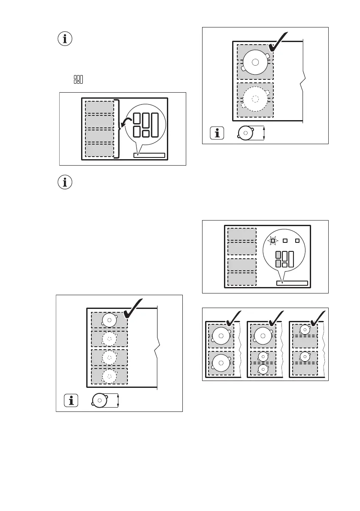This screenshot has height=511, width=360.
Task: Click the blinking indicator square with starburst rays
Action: click(x=272, y=241)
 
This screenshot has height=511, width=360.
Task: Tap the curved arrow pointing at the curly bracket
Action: click(x=125, y=123)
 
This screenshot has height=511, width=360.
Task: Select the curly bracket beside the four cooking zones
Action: click(x=117, y=128)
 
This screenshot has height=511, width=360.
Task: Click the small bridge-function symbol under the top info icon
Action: click(x=78, y=79)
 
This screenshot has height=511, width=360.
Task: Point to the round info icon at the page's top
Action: click(x=65, y=39)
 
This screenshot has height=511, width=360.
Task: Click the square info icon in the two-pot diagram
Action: click(x=218, y=133)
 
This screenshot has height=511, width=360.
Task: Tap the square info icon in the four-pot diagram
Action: click(x=71, y=401)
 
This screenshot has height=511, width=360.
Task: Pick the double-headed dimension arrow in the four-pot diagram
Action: click(x=118, y=401)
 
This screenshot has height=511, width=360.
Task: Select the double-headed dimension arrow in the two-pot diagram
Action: click(x=264, y=133)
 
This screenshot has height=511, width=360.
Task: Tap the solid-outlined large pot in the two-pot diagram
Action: click(x=255, y=62)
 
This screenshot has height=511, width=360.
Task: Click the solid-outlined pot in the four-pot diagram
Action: click(x=110, y=320)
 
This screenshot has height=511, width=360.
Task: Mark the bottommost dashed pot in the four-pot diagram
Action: click(x=110, y=376)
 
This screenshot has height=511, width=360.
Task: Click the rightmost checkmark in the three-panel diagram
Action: click(x=317, y=318)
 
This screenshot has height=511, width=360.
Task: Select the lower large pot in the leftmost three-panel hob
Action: click(x=221, y=363)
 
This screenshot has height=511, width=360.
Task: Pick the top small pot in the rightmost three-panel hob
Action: click(x=305, y=330)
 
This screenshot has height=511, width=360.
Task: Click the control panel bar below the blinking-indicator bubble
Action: click(x=292, y=283)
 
